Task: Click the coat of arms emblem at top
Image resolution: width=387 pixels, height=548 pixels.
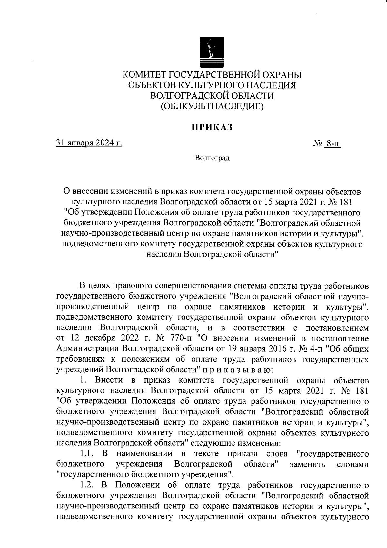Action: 212,52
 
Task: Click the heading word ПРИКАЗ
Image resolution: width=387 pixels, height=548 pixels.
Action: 212,127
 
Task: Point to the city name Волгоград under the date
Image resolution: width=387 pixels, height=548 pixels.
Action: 212,158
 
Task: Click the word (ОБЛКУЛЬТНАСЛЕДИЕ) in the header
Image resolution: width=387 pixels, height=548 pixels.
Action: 212,106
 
